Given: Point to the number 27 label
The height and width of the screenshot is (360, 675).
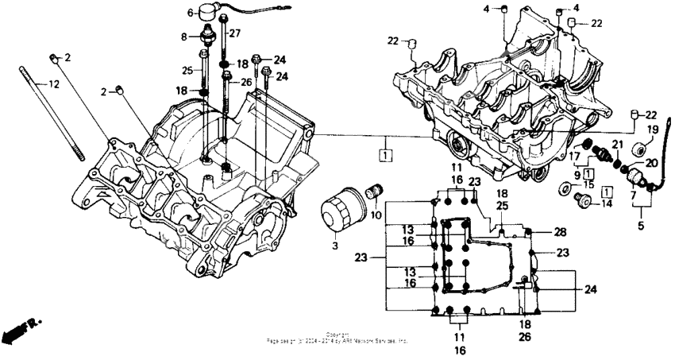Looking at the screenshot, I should [234, 33].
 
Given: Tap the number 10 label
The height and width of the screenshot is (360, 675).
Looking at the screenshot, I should [375, 215].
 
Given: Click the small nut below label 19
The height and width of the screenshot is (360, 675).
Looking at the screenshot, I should [638, 149].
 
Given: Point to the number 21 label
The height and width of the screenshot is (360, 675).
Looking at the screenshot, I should [615, 143].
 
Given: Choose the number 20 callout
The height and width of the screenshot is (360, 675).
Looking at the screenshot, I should [650, 163].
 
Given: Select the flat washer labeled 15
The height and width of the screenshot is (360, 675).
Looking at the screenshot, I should [565, 189].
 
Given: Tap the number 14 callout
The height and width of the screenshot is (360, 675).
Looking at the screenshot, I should [606, 203].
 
